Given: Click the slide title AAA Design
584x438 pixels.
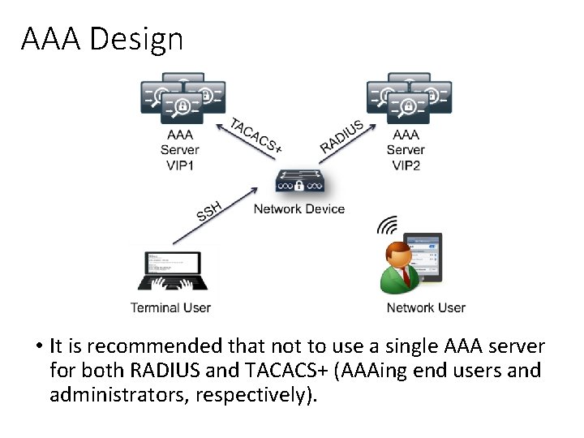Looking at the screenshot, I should point(102,38).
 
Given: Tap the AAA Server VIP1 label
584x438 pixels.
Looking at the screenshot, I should point(179,149).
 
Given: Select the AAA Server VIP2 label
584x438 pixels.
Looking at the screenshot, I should point(406,149).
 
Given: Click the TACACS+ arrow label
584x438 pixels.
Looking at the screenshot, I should point(256,135).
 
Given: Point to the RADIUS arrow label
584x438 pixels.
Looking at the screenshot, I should point(341,135).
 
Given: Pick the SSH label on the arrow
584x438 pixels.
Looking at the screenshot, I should point(208,211).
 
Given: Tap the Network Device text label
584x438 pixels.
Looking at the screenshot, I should point(299,209).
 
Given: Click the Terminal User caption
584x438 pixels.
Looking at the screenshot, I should point(170,307).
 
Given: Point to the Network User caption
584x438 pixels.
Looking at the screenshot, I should point(426,307).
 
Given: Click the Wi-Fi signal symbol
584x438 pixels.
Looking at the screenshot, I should point(389,225).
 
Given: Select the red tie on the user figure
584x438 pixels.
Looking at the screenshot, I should point(406,277).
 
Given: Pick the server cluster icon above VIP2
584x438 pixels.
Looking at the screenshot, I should point(409,98).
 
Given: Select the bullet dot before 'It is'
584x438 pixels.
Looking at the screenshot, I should point(39,347).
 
